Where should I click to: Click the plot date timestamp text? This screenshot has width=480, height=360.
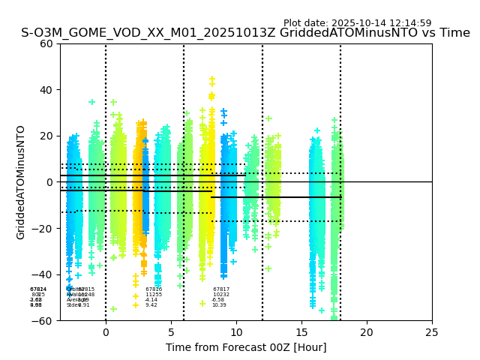[357, 23]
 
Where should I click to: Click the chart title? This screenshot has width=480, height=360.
[245, 33]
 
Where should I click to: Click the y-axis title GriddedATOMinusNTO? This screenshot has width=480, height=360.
[21, 182]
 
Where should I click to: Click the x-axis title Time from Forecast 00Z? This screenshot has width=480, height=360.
[246, 347]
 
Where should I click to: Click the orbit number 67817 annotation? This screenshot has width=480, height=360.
[221, 289]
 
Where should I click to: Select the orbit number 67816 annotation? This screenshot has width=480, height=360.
[154, 289]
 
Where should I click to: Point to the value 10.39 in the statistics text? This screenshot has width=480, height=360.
[219, 305]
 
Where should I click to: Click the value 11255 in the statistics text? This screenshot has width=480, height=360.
[154, 295]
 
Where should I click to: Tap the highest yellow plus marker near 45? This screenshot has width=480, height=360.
[212, 79]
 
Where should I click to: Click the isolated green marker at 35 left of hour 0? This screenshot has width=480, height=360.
[92, 102]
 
